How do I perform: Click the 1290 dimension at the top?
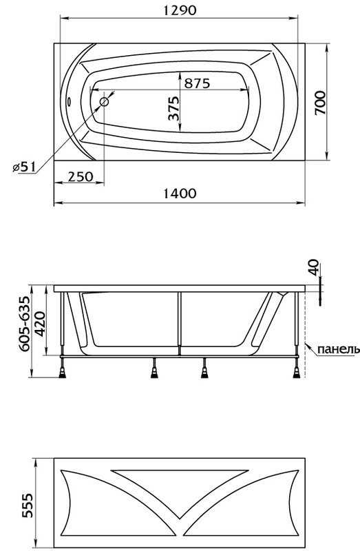tap(180, 10)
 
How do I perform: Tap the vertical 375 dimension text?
tap(173, 109)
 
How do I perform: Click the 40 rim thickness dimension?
tap(314, 267)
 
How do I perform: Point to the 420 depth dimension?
tap(41, 320)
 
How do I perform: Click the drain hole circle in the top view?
tap(105, 102)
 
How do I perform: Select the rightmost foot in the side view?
tap(298, 373)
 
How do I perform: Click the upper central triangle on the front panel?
tap(180, 480)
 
